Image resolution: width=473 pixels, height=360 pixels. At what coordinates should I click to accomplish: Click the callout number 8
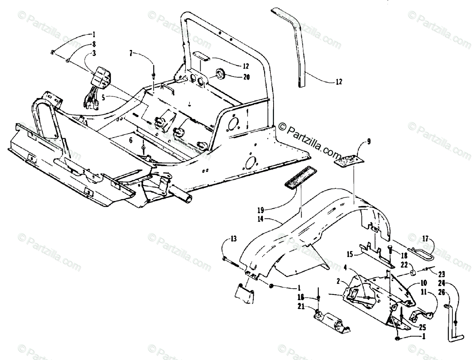93,43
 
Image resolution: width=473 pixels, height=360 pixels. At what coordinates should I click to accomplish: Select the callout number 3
93,53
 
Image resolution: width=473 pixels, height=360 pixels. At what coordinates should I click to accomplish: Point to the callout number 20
246,77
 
